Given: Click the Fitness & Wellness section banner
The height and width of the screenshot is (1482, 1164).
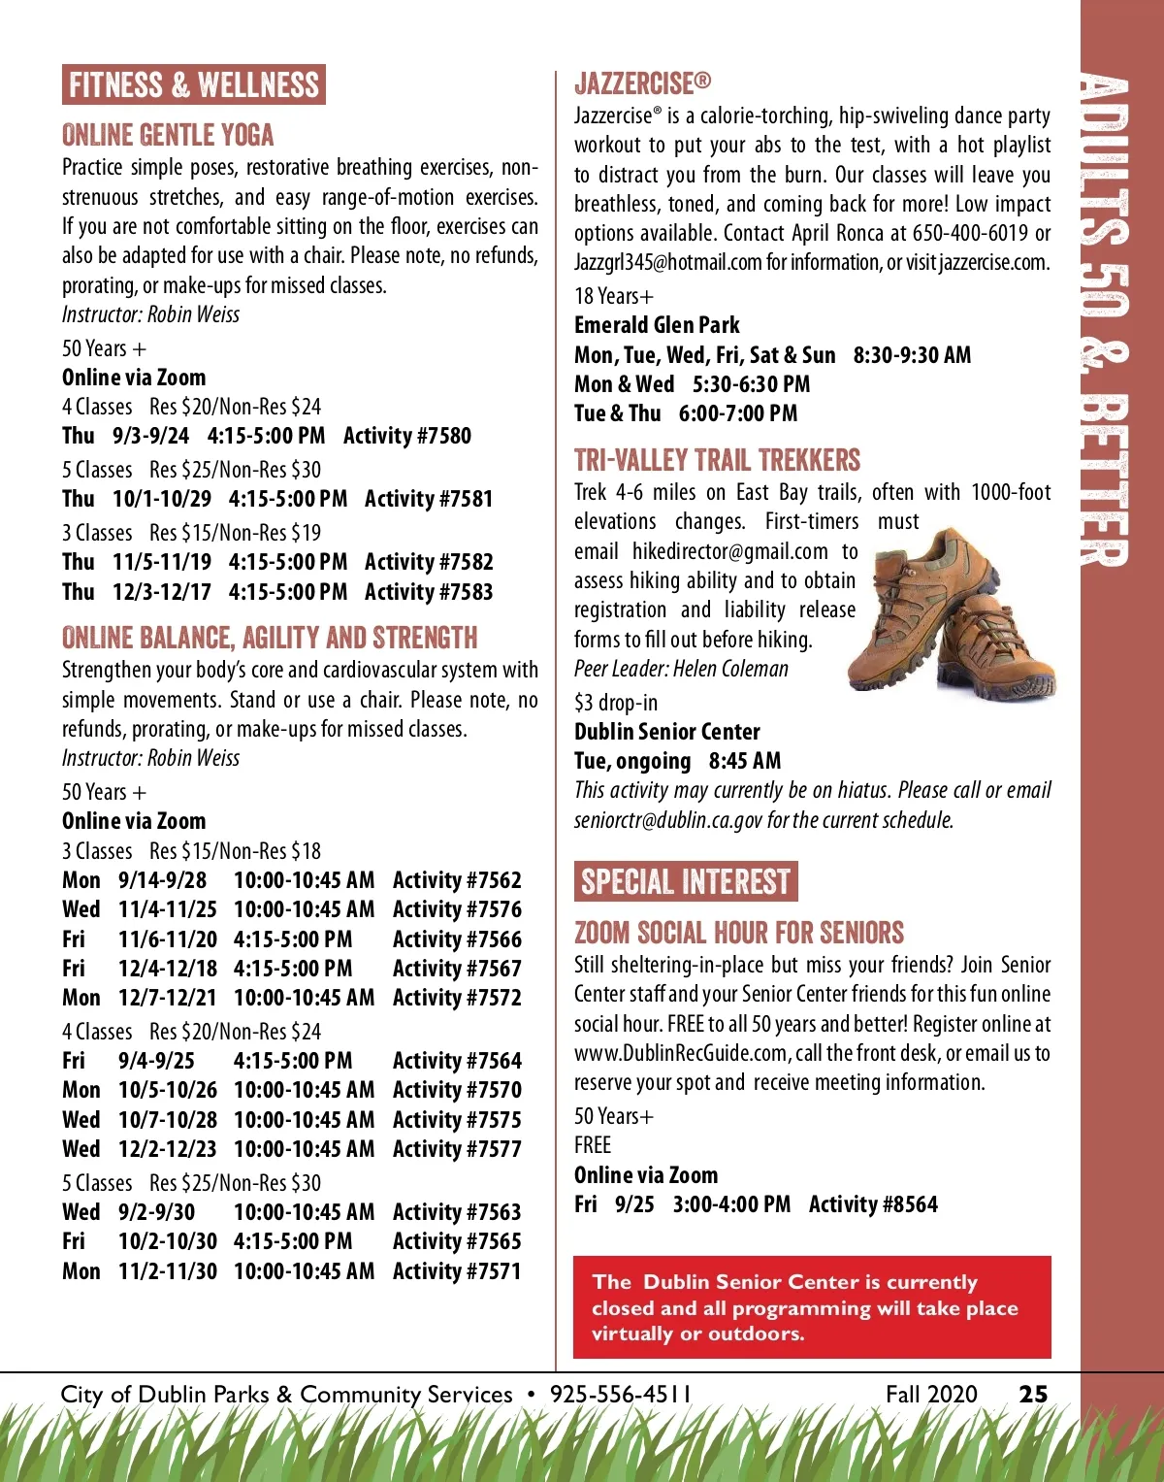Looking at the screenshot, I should pos(194,85).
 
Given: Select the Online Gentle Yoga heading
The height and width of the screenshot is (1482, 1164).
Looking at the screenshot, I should pos(168,135).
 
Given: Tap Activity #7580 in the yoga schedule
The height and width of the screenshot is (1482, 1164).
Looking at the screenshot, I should pos(407,436).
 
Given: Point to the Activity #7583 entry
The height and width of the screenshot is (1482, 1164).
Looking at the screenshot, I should pos(429,592).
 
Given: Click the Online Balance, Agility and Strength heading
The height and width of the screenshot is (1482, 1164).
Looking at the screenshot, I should pos(270,638).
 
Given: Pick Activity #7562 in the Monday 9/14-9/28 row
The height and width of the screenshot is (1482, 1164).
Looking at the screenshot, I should pos(457,880).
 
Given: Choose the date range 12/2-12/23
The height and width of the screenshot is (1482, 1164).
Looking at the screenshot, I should pos(168,1149).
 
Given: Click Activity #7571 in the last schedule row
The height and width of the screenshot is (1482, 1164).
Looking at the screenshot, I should pos(457,1271).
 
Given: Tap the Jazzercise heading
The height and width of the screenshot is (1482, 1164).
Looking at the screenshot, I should pos(642,83).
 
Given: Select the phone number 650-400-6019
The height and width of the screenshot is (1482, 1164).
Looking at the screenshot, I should pos(970,233).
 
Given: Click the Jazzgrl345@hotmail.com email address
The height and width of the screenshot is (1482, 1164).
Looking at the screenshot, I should pos(667,263).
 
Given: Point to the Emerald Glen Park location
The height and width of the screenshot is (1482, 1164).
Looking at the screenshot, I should pos(657,325).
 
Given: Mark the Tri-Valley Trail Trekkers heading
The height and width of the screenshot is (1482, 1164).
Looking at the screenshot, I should pos(717,460).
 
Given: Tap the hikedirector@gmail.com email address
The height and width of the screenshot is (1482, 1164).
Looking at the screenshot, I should pos(729,551).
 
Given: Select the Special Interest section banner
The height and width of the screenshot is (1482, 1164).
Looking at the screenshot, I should pos(686,881).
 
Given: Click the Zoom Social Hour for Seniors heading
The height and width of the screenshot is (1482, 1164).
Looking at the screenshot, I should pos(739,934).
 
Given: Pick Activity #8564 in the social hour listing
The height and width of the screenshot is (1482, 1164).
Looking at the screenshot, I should pos(873,1204).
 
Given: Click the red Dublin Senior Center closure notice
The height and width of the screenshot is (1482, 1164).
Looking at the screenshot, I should pos(812,1307).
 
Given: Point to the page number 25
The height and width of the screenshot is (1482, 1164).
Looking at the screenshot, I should pos(1033,1395).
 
